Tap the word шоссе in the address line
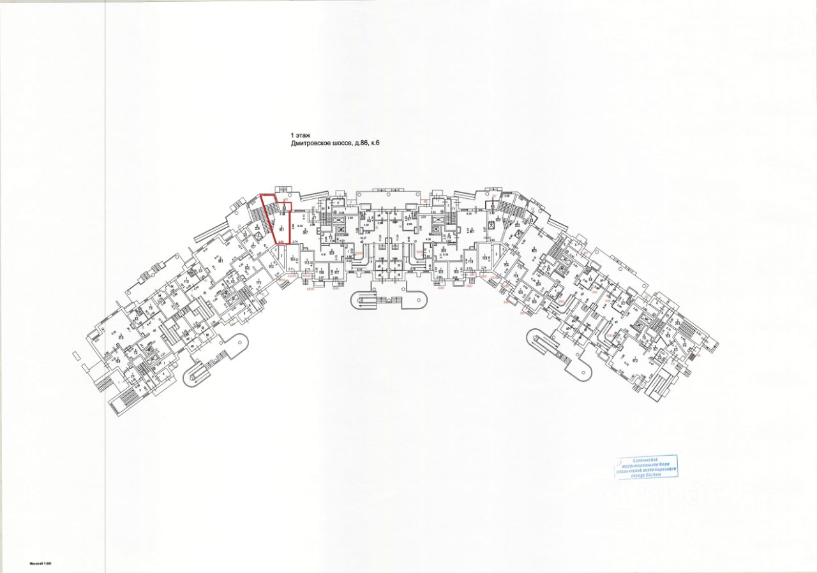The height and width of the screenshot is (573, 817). click(x=349, y=144)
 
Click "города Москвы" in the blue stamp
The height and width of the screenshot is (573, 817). click(x=645, y=475)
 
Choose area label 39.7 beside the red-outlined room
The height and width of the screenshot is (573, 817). click(x=305, y=233)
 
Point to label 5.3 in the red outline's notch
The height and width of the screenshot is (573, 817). click(x=283, y=207)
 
